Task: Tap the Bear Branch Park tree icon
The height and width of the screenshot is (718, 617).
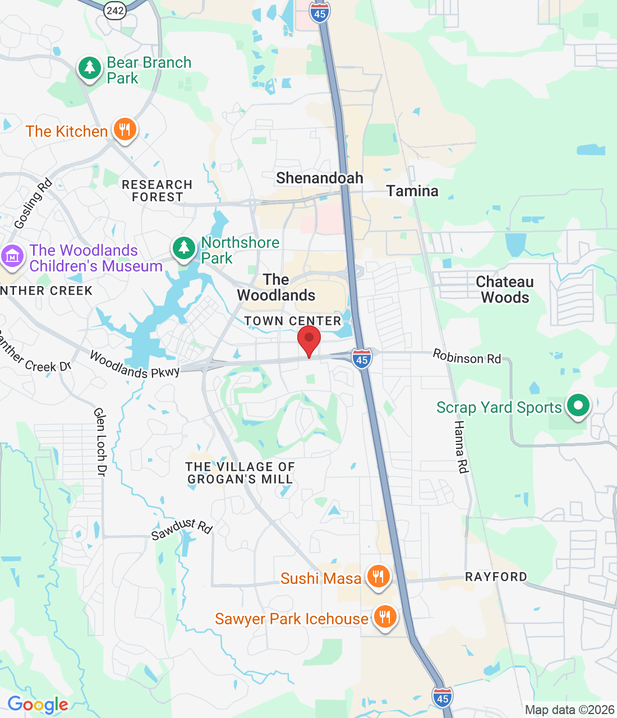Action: click(89, 68)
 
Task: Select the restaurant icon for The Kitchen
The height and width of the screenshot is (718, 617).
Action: click(125, 130)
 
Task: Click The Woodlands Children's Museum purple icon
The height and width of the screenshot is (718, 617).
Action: click(12, 256)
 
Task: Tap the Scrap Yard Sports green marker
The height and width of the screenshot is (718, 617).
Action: click(578, 405)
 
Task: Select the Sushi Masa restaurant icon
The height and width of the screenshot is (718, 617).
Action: click(378, 576)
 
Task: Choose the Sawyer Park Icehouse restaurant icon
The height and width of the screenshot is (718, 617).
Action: click(384, 617)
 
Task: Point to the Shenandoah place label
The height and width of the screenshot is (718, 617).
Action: click(320, 178)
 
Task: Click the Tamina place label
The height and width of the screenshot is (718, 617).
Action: click(412, 191)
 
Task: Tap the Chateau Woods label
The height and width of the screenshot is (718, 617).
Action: click(505, 289)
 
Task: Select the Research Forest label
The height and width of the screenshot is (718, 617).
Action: click(157, 191)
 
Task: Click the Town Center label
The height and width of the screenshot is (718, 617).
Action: click(293, 321)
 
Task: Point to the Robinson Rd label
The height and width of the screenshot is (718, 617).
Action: click(467, 357)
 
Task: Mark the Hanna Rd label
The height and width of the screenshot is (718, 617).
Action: click(461, 447)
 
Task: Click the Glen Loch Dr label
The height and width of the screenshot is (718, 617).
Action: click(100, 442)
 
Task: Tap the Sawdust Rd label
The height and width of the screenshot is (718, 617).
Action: click(182, 528)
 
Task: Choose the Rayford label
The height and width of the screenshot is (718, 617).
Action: click(496, 577)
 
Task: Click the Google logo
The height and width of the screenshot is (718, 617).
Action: click(38, 705)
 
